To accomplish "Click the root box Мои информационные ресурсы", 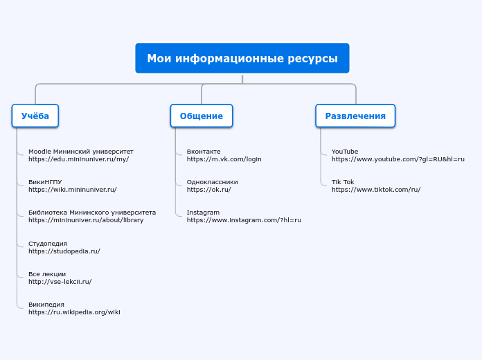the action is coord(242,58).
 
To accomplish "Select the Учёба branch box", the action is coord(35,116).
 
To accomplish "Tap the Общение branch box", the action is coord(202,116).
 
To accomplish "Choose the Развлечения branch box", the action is coord(355,116).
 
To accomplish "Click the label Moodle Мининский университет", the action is coord(80,151).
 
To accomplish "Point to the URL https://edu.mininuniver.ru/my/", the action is coord(78,159).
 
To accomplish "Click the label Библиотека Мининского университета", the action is coord(92,213).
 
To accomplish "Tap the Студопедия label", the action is coord(48,243).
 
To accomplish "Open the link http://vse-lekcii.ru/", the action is coord(60,282).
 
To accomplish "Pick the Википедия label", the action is coord(46,304).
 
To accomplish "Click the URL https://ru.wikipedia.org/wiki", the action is coord(74,312).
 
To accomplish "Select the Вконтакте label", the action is coord(204,151).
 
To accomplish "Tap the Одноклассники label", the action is coord(212,181).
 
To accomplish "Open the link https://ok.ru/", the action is coord(208,190).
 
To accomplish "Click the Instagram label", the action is coord(203,212).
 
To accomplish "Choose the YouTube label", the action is coord(345,151).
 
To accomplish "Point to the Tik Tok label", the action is coord(343,181).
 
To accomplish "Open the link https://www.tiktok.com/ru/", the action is coord(376,190).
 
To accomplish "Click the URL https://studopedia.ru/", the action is coord(64,251).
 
